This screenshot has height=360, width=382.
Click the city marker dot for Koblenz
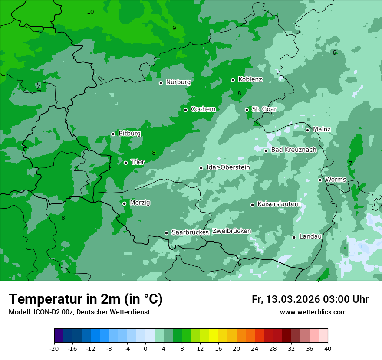click(233, 80)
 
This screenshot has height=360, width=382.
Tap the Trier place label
click(138, 162)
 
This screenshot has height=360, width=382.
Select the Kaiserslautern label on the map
click(279, 204)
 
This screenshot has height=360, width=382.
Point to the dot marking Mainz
click(307, 130)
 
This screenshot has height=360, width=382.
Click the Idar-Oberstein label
click(228, 167)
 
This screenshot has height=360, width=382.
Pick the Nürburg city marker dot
click(161, 83)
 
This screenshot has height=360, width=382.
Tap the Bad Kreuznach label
click(293, 150)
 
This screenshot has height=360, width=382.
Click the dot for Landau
click(294, 237)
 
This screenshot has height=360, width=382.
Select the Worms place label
click(336, 179)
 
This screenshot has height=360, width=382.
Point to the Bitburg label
click(129, 134)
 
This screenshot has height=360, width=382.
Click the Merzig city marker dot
click(124, 203)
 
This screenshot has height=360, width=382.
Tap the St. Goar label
click(264, 109)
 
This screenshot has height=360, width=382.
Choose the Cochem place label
click(203, 109)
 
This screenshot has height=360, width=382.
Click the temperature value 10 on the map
click(90, 12)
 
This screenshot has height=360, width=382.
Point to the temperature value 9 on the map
click(174, 28)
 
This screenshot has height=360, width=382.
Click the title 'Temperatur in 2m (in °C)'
click(86, 299)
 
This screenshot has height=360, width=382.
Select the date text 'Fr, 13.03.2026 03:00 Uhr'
click(310, 299)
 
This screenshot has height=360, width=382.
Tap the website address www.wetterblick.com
click(313, 312)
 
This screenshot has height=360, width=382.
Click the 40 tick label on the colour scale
click(328, 348)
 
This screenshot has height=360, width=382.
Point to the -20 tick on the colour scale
click(54, 348)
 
